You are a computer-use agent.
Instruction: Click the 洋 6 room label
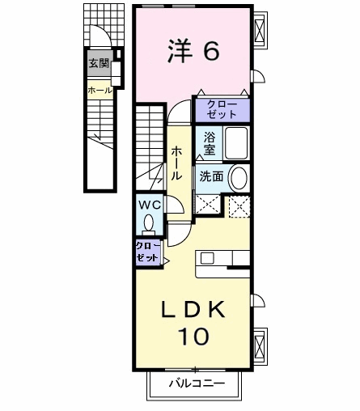pyautogui.click(x=193, y=51)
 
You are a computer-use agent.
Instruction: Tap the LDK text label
pyautogui.click(x=193, y=309)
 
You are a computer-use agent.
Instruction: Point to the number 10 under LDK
pyautogui.click(x=193, y=337)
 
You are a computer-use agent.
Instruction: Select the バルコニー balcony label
pyautogui.click(x=197, y=383)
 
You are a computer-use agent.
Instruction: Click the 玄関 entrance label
pyautogui.click(x=99, y=64)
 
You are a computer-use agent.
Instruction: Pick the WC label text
pyautogui.click(x=150, y=205)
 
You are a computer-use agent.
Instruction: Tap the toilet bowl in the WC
pyautogui.click(x=149, y=223)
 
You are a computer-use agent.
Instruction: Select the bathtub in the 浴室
pyautogui.click(x=236, y=143)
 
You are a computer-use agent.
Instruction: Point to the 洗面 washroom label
pyautogui.click(x=211, y=176)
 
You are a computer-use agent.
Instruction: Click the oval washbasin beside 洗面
pyautogui.click(x=238, y=178)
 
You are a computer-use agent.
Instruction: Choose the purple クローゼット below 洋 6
pyautogui.click(x=222, y=110)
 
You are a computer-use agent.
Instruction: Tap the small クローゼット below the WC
pyautogui.click(x=148, y=252)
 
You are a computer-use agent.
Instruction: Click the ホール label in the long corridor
pyautogui.click(x=176, y=163)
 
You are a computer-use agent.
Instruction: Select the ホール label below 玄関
pyautogui.click(x=100, y=91)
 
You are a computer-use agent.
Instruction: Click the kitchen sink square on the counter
pyautogui.click(x=207, y=258)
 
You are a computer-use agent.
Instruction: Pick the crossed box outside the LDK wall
pyautogui.click(x=260, y=345)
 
